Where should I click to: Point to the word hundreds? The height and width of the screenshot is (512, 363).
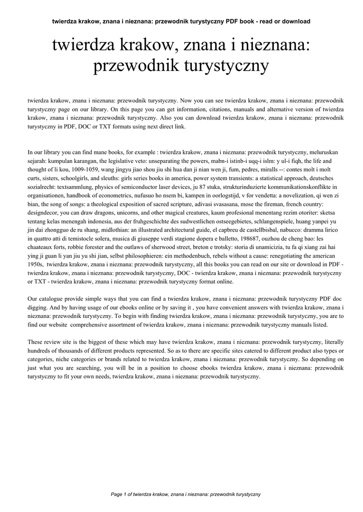tap(40, 351)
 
